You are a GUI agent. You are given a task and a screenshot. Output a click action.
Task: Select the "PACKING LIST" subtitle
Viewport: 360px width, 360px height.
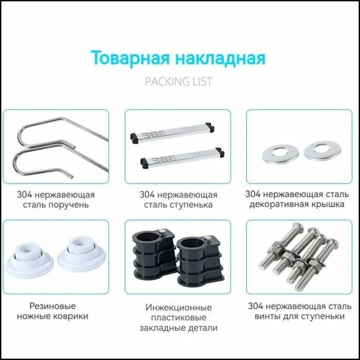(178, 81)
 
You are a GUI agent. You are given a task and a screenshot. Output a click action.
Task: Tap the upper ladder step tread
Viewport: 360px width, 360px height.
(172, 131)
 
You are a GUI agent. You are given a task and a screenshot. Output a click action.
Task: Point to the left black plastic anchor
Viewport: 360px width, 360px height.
(149, 258)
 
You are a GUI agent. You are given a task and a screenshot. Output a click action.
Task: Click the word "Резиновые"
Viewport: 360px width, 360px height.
(53, 305)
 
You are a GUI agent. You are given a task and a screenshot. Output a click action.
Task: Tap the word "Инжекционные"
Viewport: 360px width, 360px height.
(179, 307)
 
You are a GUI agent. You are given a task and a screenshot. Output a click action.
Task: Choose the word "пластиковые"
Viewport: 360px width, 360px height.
(178, 317)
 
